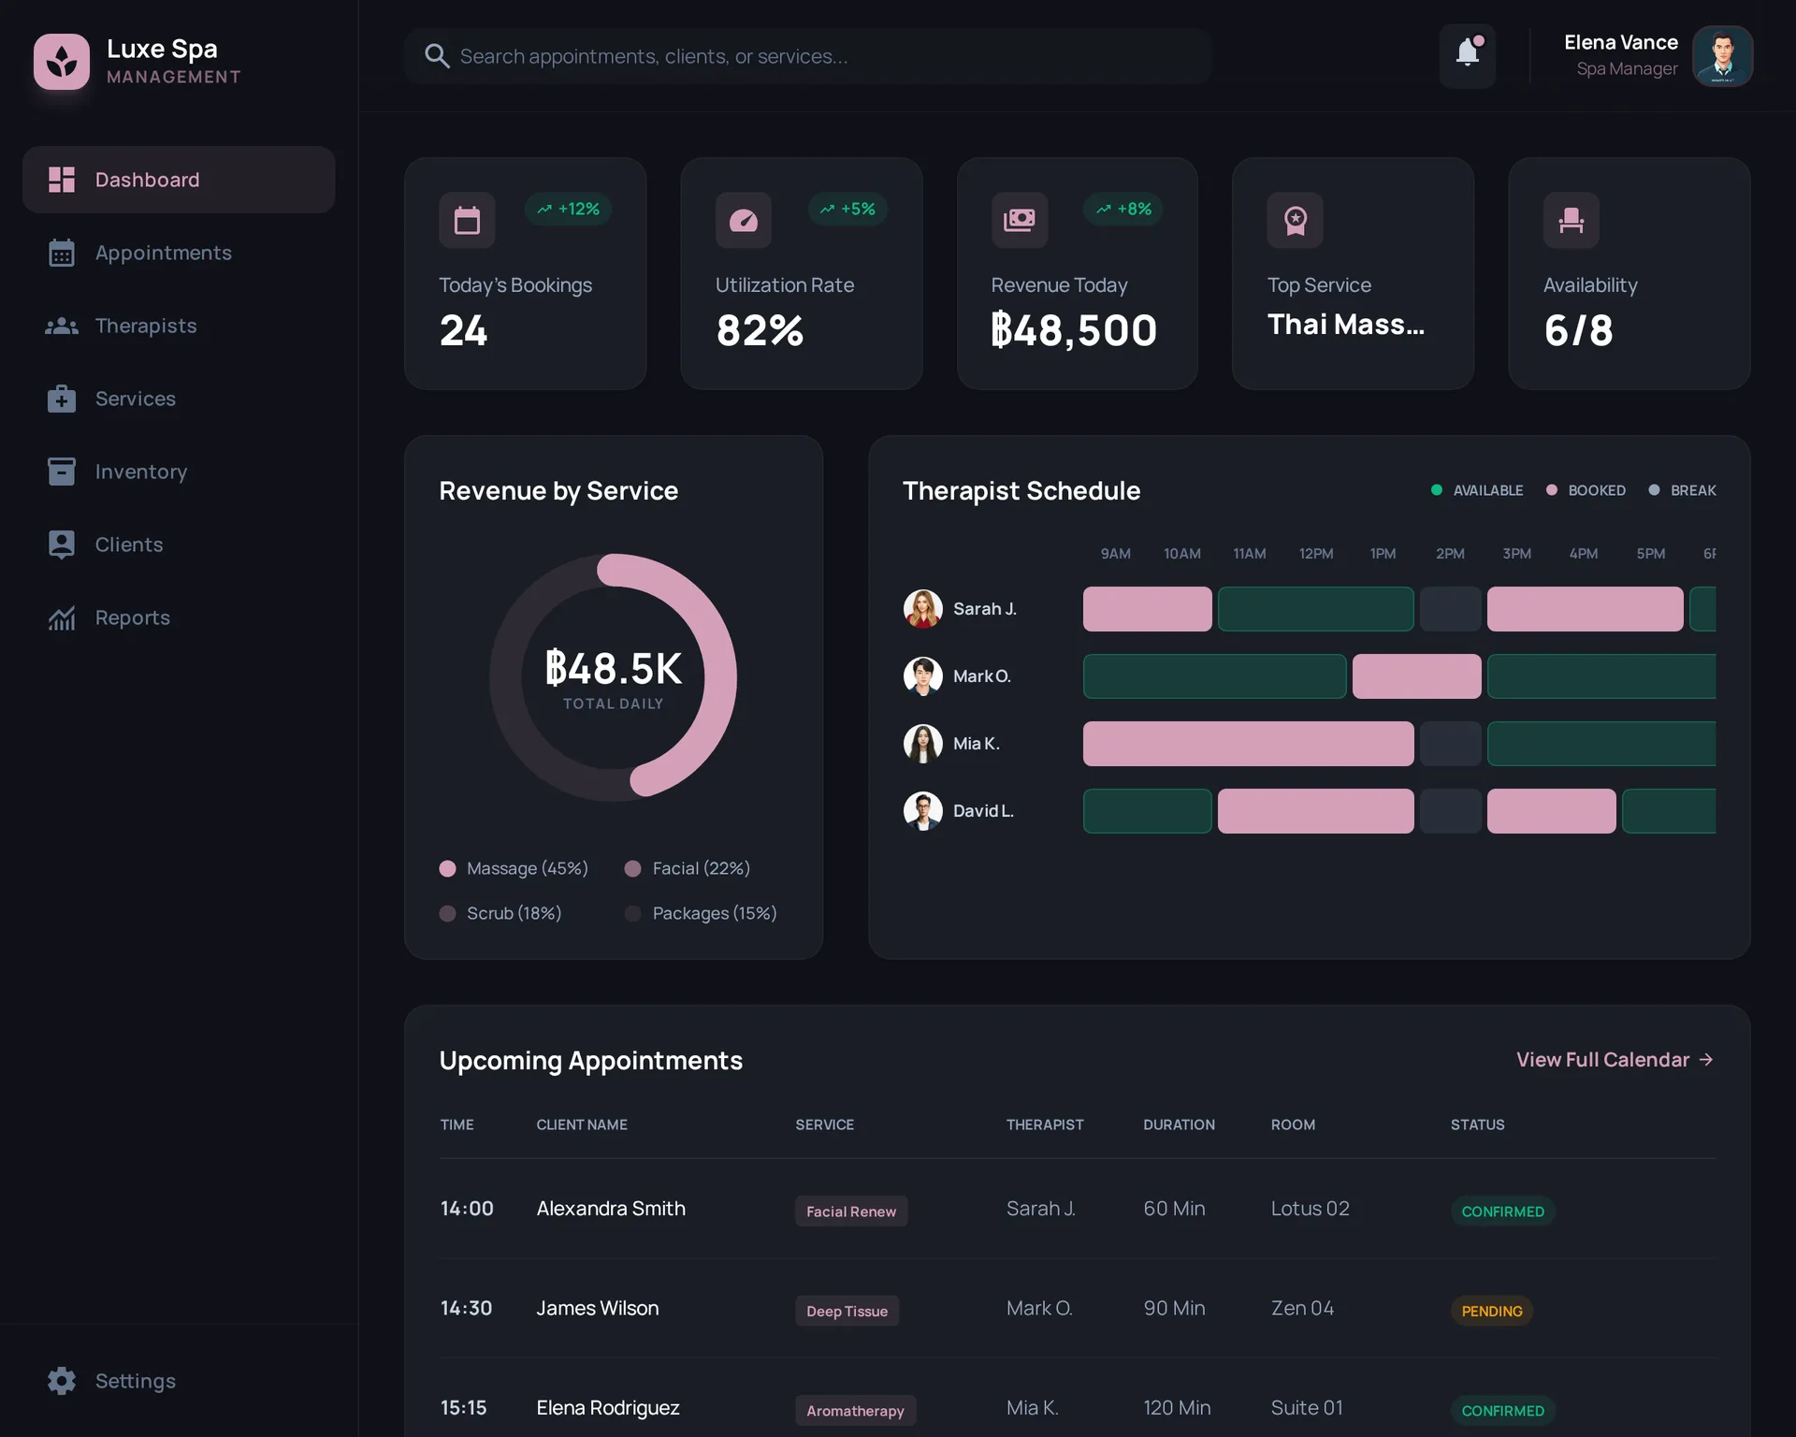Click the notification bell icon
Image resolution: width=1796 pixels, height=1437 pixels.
coord(1467,54)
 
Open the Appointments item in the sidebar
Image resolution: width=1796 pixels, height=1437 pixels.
coord(163,253)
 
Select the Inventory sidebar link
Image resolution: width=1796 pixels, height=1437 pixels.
coord(140,472)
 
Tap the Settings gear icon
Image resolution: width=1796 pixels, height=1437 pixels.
coord(62,1381)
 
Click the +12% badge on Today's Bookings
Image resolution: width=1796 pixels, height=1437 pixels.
coord(569,210)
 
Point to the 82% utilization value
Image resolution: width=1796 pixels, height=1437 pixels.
coord(760,330)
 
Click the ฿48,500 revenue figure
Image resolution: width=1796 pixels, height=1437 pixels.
coord(1074,330)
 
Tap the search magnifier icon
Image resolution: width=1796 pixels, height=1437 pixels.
coord(436,56)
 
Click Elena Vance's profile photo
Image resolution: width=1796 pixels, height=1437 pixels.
coord(1722,56)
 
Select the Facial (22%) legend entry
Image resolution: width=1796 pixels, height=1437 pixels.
coord(688,868)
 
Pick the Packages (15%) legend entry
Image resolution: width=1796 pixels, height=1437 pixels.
coord(702,913)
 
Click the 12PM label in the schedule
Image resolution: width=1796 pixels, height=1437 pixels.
coord(1316,554)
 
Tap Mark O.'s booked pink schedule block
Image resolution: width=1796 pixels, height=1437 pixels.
coord(1416,676)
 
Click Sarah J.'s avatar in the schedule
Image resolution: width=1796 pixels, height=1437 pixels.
coord(922,609)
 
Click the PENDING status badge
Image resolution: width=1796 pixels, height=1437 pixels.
coord(1492,1311)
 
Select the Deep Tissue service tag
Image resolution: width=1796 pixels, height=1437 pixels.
coord(847,1311)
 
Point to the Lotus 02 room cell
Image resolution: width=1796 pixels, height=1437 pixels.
coord(1310,1209)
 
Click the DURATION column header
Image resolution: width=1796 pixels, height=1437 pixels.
coord(1179,1125)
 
